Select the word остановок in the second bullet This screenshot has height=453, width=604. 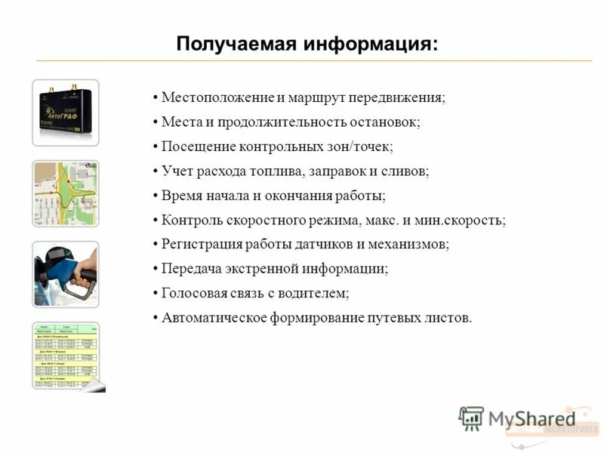[x=390, y=122]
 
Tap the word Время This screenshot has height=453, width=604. [x=180, y=196]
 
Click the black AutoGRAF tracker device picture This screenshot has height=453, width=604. [x=65, y=112]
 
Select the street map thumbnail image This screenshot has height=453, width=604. [x=65, y=193]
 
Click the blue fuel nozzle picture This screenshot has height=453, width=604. [x=65, y=273]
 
